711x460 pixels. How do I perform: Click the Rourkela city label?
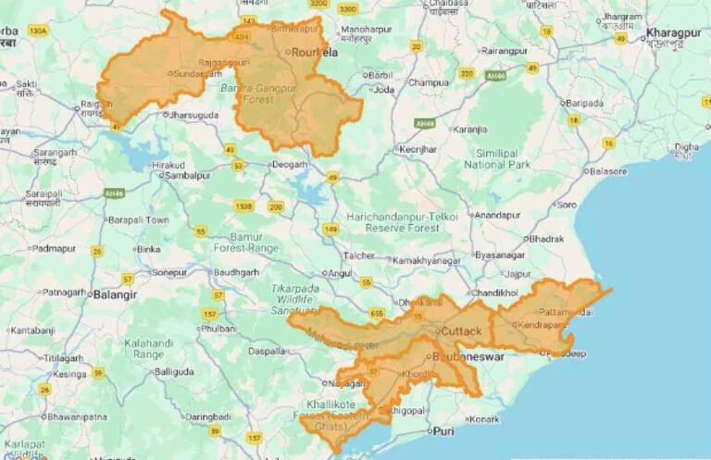[315, 53]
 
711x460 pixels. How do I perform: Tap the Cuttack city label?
[460, 331]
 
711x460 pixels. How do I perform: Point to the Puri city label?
[446, 430]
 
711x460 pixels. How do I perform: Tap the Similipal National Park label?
[497, 158]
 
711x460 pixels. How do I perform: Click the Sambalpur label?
[190, 175]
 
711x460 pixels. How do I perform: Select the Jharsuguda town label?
[193, 116]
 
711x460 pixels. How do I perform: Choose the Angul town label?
[341, 273]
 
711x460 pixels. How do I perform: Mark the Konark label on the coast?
[484, 419]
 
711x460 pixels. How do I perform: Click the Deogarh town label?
[288, 165]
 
